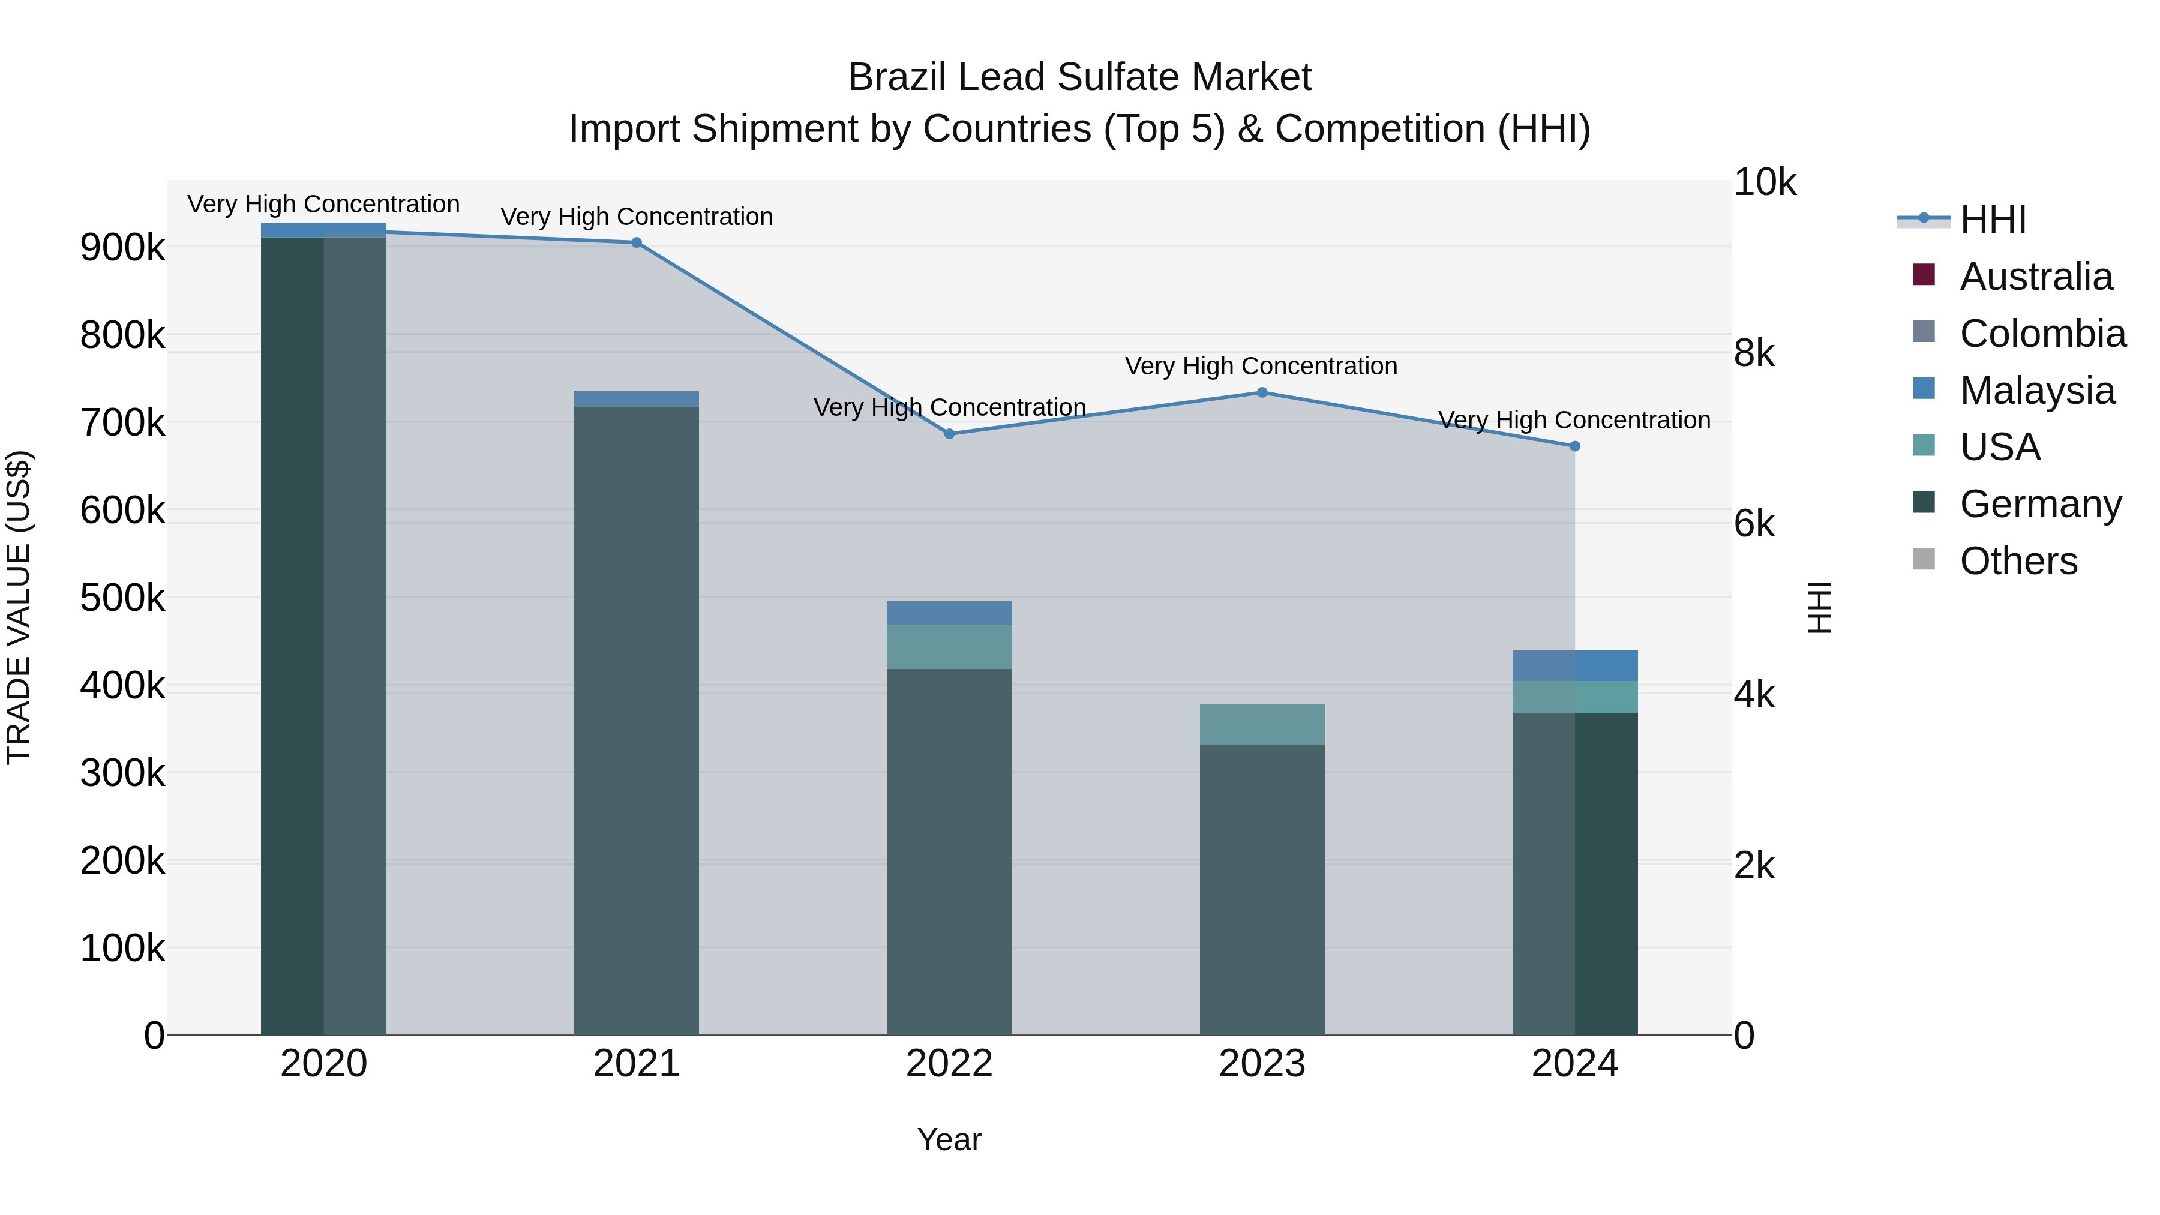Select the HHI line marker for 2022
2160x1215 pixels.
[x=949, y=434]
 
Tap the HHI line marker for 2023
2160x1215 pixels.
[x=1262, y=392]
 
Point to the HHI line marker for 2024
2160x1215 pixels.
[x=1575, y=446]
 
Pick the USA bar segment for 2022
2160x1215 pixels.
[x=949, y=646]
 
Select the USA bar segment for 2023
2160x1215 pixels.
[x=1262, y=724]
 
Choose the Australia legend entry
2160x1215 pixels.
[x=2035, y=277]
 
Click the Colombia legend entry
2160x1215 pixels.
[x=2042, y=334]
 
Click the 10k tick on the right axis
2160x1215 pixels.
[x=1764, y=183]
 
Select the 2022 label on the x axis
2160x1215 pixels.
[x=949, y=1064]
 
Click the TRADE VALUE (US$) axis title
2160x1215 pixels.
[x=19, y=607]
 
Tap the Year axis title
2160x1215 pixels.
[x=949, y=1139]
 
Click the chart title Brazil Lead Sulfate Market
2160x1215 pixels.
[x=1079, y=77]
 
